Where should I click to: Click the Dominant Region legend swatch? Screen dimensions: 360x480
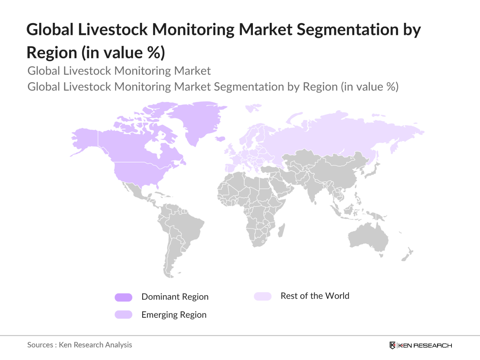pos(123,297)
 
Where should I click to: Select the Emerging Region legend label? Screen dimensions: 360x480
pos(174,315)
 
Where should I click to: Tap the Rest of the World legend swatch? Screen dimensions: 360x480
pos(263,296)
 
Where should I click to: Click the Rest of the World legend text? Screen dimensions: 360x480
pos(315,296)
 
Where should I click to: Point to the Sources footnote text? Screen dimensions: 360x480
pos(79,345)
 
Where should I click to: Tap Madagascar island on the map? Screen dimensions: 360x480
pos(282,230)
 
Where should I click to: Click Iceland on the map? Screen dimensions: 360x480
pos(220,139)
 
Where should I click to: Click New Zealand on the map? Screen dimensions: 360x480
pos(407,255)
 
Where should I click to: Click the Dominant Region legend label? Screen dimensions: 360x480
pos(175,297)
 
